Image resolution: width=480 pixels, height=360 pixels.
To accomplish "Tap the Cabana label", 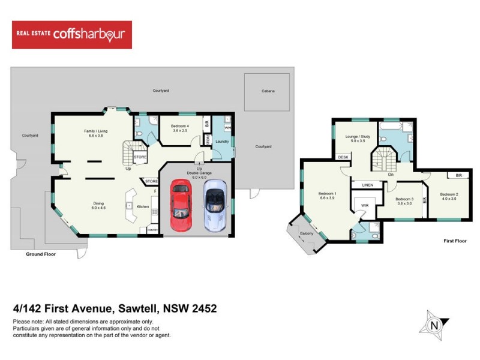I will [x=268, y=91].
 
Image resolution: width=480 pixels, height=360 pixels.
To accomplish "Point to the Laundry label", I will [x=223, y=142].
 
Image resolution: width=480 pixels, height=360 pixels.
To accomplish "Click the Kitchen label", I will [x=143, y=207].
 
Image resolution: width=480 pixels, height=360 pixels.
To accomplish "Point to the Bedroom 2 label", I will [x=449, y=194].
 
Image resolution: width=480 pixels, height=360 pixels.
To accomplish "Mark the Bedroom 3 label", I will [x=404, y=199].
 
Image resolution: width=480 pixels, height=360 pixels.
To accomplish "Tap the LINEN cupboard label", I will [x=368, y=185].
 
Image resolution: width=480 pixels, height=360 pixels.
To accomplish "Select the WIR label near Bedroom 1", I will [x=364, y=206].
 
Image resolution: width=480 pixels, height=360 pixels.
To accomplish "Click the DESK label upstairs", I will [x=343, y=157].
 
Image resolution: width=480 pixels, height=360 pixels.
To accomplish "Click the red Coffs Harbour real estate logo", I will [x=72, y=35].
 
